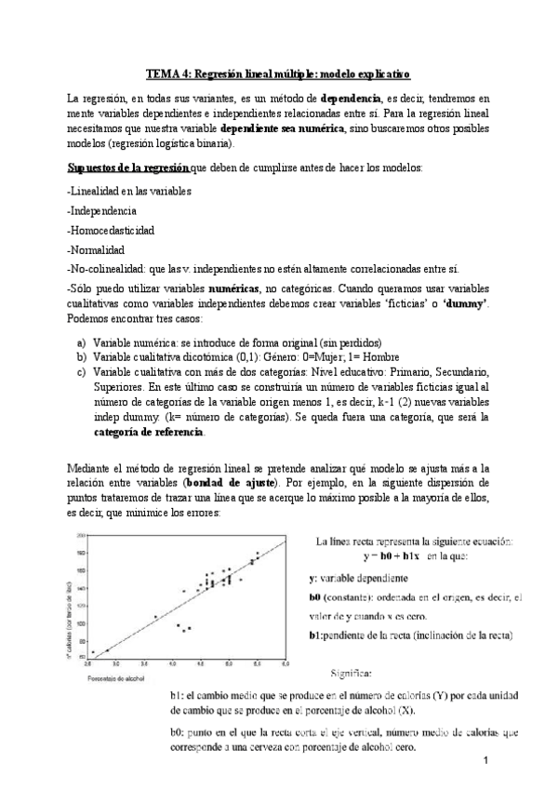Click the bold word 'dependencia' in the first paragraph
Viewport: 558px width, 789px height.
pyautogui.click(x=351, y=98)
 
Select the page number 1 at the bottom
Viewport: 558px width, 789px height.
pyautogui.click(x=487, y=762)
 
